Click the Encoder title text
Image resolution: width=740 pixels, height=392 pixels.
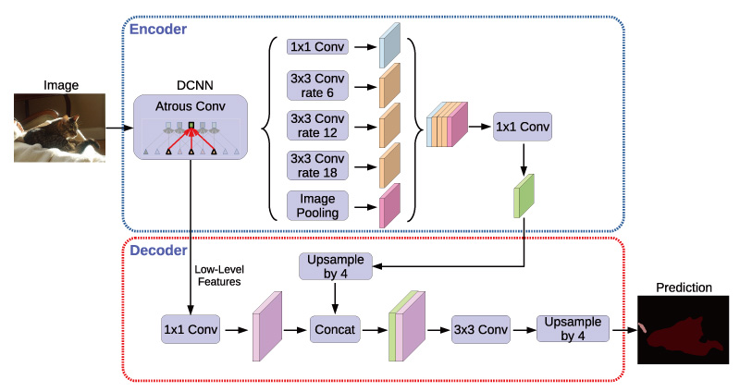[158, 29]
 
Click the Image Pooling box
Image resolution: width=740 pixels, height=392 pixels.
[316, 205]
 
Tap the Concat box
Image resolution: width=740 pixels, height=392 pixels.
[334, 328]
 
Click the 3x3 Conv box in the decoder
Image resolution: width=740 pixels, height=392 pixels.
[482, 328]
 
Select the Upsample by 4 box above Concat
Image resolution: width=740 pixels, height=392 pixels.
[334, 267]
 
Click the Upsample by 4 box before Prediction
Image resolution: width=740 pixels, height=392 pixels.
[573, 328]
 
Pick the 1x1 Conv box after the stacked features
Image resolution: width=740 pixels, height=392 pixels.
[523, 128]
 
